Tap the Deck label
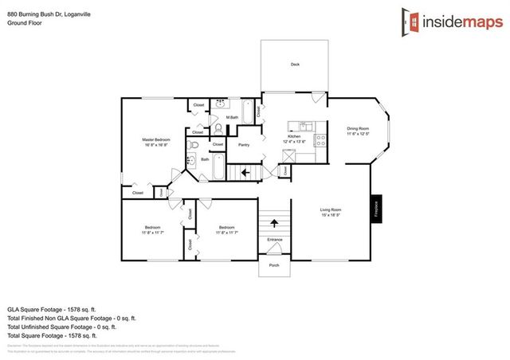[294, 65]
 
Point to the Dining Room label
[358, 131]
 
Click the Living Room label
[331, 211]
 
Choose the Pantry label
[244, 145]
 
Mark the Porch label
[274, 265]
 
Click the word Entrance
[274, 239]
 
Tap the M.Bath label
[232, 118]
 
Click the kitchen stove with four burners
[320, 140]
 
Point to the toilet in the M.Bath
[218, 128]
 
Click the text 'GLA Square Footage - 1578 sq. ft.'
[51, 308]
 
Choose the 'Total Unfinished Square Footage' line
[62, 327]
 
